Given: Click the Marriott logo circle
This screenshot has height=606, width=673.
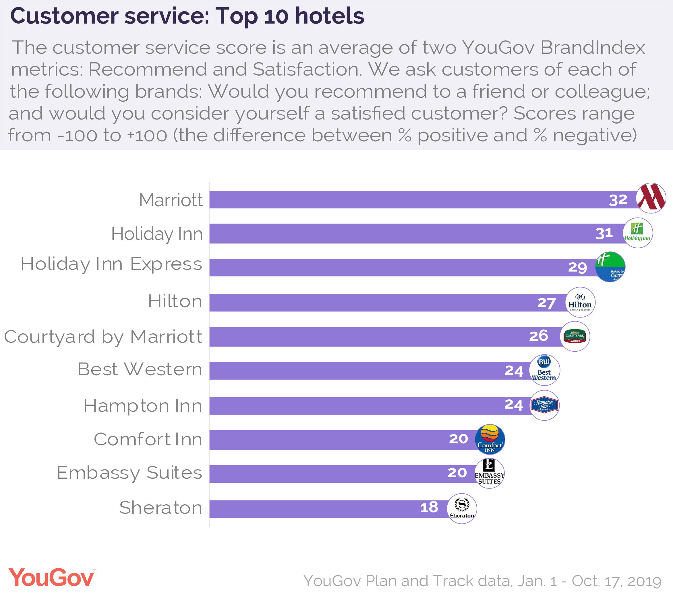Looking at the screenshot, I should (x=651, y=198).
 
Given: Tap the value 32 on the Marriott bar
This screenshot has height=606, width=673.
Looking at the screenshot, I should (x=618, y=200).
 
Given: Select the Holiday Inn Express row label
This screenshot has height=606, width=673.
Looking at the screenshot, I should (x=111, y=264).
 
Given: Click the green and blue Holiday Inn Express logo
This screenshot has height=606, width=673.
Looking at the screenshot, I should (x=610, y=267).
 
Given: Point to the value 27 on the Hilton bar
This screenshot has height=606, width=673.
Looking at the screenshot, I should (x=547, y=303).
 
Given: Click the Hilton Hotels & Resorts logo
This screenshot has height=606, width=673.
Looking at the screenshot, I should (x=580, y=302).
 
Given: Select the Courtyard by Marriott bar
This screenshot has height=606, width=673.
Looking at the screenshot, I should (x=366, y=337).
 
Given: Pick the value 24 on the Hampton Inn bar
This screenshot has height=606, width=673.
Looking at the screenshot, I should (x=514, y=405).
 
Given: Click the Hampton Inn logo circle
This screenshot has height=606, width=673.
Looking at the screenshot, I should (x=544, y=405).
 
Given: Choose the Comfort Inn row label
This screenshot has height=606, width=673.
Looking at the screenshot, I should (x=148, y=439).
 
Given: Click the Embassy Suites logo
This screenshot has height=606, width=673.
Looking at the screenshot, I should (x=489, y=473).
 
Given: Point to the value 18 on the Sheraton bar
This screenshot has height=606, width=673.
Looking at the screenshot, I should (x=429, y=508).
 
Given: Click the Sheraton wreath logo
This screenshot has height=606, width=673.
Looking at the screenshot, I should (x=462, y=508).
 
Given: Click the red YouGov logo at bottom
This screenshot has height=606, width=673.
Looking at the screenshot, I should (x=52, y=578).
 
